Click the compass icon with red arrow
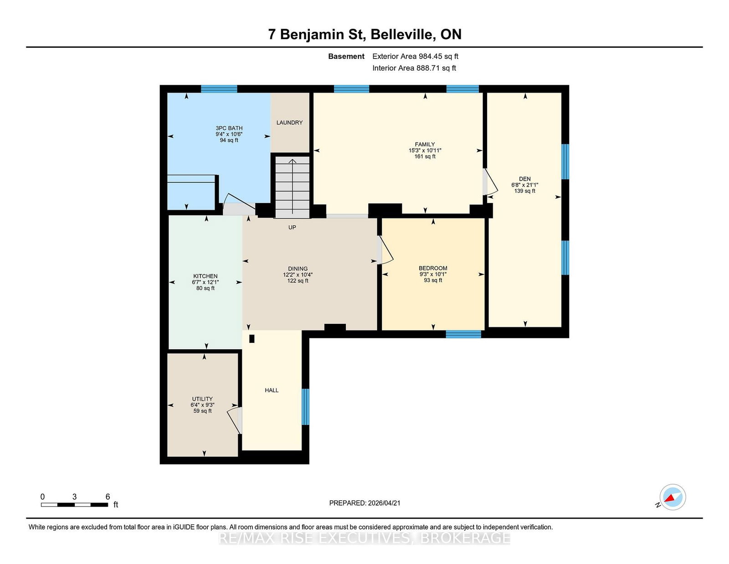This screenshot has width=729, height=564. (673, 497)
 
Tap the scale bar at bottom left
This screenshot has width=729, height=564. (74, 505)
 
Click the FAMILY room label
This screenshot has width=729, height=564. (425, 145)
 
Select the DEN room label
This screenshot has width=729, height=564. (525, 179)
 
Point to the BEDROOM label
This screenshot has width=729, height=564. (433, 268)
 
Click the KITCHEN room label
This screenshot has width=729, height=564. (205, 276)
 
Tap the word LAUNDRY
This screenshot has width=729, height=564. (289, 123)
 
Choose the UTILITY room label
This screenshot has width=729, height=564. (202, 399)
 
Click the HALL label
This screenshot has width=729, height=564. (272, 390)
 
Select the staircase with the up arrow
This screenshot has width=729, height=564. (293, 187)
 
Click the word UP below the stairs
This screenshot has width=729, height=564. (292, 227)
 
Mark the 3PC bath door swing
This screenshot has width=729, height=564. (239, 204)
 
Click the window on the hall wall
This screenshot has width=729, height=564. (305, 407)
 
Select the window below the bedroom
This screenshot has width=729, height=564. (463, 334)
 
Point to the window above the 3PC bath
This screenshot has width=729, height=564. (219, 89)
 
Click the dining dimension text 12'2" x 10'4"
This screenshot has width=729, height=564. (298, 274)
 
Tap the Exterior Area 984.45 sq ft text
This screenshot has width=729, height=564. (416, 57)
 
